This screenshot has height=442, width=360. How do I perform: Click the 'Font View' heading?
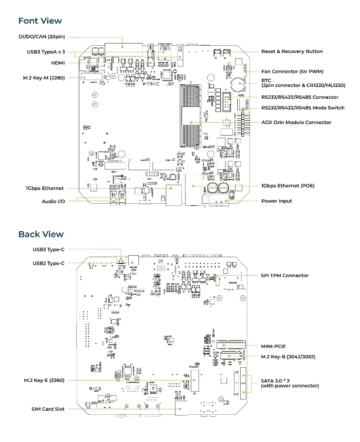[40, 21]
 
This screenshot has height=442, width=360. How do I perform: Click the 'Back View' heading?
[41, 234]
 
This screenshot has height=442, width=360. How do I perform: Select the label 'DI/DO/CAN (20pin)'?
[42, 37]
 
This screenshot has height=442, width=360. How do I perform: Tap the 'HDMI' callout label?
[58, 63]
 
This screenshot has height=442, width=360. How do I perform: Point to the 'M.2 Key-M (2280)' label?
[44, 78]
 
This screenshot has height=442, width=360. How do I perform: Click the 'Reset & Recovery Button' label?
[292, 52]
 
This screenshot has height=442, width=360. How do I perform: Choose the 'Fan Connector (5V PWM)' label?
[292, 71]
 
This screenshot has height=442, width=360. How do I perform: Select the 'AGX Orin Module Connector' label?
[296, 122]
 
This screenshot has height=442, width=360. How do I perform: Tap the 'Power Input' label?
[276, 201]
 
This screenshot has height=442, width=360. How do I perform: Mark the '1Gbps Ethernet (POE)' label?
[288, 186]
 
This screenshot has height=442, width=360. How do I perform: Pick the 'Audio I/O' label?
[53, 201]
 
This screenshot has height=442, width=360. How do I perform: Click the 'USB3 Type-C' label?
[49, 250]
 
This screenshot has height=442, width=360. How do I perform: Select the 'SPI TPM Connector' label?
[285, 276]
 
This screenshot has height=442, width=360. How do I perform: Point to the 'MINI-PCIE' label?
[273, 346]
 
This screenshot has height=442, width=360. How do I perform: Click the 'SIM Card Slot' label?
[48, 409]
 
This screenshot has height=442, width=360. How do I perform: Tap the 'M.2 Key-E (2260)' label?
[44, 380]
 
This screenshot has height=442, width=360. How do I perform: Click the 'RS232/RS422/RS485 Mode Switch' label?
[303, 108]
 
